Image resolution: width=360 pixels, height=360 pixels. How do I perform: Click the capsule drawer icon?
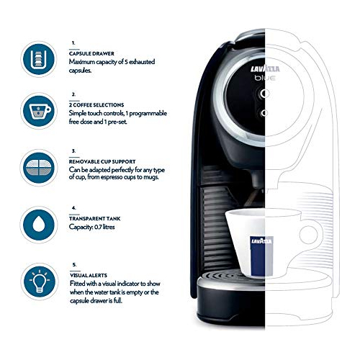point(39,59)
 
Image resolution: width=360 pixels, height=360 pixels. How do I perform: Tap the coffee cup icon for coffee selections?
point(39,111)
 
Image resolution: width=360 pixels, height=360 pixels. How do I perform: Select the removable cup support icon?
point(39,168)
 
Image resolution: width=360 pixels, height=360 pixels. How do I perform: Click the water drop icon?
point(39,225)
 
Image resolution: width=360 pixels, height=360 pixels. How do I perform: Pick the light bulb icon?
point(40,282)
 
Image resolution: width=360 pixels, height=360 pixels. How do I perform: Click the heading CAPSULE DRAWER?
point(91,53)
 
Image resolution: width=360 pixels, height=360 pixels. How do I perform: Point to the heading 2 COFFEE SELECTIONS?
point(96,105)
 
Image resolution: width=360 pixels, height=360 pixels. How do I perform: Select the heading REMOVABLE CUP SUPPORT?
point(102,161)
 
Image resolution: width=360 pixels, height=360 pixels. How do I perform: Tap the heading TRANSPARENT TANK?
point(95,219)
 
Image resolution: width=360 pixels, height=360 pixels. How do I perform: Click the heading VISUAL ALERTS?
point(89,275)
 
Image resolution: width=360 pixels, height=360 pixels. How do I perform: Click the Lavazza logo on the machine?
point(265,69)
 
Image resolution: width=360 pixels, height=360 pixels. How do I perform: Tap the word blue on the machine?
point(265,78)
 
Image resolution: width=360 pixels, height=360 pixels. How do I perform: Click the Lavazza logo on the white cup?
point(261,240)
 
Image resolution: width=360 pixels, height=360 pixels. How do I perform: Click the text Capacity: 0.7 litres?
point(91,227)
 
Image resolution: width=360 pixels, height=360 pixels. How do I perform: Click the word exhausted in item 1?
point(142,62)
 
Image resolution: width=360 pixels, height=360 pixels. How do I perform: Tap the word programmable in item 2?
point(148,114)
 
